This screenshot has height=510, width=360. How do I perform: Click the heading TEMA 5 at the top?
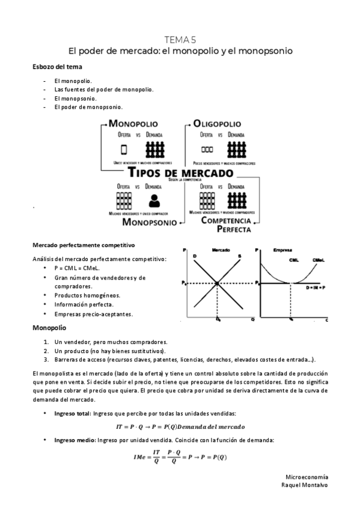pos(180,40)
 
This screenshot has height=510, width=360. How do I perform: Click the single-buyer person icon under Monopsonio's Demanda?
pos(154,200)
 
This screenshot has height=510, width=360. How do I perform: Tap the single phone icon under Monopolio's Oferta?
pos(124,149)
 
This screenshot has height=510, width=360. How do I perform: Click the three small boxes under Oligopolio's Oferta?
pos(207,149)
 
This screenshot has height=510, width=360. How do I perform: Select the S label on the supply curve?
pos(239,257)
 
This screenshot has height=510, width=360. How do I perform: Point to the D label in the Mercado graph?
pos(195,257)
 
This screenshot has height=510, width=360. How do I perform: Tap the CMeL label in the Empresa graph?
pos(319,260)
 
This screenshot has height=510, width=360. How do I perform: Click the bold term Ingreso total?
pos(72,414)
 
